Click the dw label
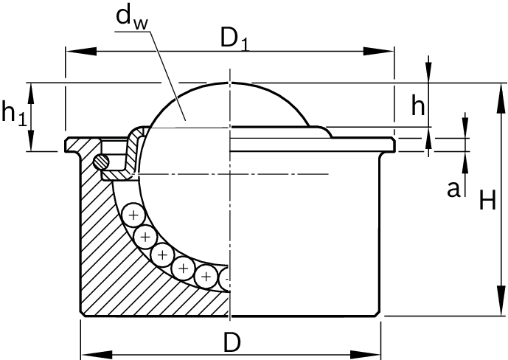point(132,18)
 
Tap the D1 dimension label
point(235,40)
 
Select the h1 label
point(14,113)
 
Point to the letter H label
point(487,201)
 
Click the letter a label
point(453,190)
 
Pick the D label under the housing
point(232,342)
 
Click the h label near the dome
point(417,105)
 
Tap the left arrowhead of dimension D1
point(81,52)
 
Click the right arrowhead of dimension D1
point(378,52)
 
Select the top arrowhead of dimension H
point(501,98)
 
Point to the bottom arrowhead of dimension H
point(501,300)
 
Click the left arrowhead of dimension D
point(97,355)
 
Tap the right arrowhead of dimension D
point(365,355)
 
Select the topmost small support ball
point(133,215)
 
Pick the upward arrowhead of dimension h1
point(32,94)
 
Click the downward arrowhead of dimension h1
point(32,140)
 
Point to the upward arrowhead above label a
point(465,162)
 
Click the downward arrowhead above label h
point(428,72)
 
